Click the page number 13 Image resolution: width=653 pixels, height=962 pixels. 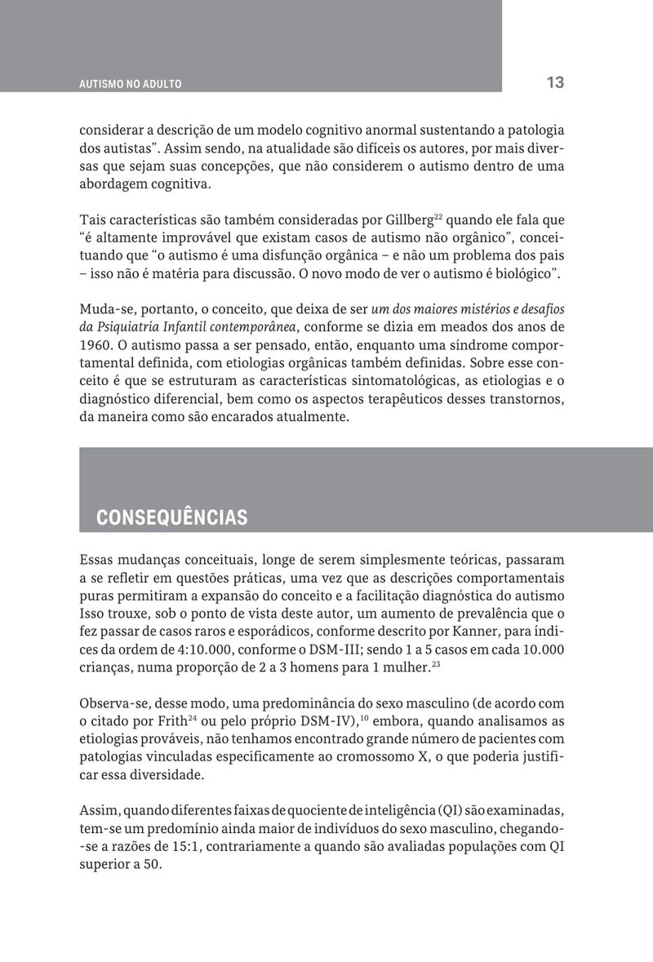[555, 82]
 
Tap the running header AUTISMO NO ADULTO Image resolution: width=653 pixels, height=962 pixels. [131, 84]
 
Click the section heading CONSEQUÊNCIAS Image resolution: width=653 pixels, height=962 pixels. [171, 518]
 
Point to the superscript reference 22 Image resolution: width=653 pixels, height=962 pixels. [439, 216]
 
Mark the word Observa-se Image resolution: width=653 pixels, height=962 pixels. [113, 703]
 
